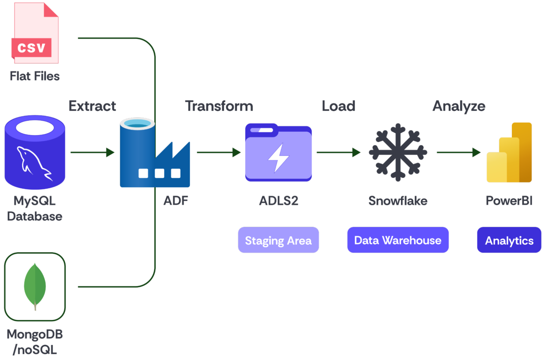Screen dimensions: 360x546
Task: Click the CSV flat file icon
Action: pos(35,34)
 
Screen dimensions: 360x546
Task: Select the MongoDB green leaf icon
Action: pos(35,286)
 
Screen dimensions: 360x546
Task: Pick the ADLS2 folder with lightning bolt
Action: pos(278,153)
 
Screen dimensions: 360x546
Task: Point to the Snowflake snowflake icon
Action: pos(398,152)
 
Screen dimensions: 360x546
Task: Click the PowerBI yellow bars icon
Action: pos(509,153)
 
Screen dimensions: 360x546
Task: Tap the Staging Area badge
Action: pos(278,240)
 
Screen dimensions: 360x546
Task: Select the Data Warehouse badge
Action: pos(398,240)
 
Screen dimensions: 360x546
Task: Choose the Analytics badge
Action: pos(509,240)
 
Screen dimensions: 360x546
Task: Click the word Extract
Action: pos(92,106)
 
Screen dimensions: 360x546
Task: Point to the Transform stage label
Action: pos(219,106)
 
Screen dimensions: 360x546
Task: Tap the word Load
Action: pos(338,106)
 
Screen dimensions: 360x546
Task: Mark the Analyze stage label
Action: pos(459,106)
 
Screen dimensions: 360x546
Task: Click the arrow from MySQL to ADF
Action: pos(92,152)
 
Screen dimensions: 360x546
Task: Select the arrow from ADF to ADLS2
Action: pos(219,152)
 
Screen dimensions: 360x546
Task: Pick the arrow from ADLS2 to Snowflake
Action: pos(338,152)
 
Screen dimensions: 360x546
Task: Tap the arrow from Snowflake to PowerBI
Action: pos(459,152)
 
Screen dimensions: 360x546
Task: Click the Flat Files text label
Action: pos(35,76)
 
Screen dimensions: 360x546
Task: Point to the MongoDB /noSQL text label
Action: pos(35,342)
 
